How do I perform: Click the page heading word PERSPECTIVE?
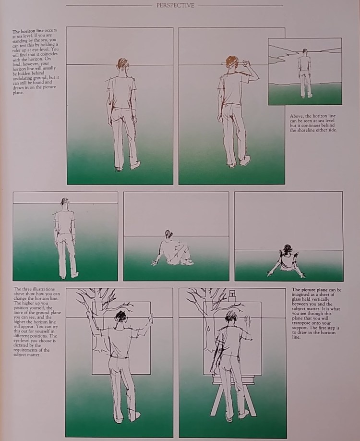click(x=175, y=5)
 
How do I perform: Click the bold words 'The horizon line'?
click(x=28, y=31)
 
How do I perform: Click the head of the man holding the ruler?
click(x=231, y=62)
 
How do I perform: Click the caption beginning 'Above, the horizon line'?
click(x=313, y=123)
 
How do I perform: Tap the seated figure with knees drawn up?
click(x=173, y=250)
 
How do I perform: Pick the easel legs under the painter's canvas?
click(x=233, y=399)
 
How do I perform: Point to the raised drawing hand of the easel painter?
click(x=247, y=320)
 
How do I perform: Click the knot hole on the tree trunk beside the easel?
click(x=208, y=329)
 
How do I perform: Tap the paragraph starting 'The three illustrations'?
click(x=36, y=322)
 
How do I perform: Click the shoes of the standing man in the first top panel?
click(x=128, y=167)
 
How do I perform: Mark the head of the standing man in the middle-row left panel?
click(x=65, y=202)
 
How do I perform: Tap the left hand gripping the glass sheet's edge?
click(x=89, y=314)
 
